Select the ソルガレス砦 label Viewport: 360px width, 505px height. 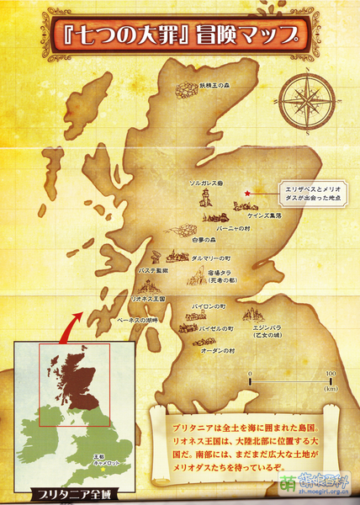(x=204, y=182)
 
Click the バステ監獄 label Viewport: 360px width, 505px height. (x=153, y=271)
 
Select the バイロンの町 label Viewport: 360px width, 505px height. (x=209, y=307)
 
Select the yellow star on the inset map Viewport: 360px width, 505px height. (x=81, y=455)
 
